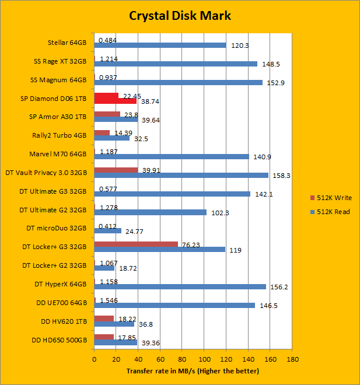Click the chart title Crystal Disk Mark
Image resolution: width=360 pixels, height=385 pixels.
[x=180, y=16]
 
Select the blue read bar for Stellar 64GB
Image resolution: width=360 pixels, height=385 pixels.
[x=160, y=45]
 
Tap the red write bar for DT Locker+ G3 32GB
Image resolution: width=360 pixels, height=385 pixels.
[x=135, y=244]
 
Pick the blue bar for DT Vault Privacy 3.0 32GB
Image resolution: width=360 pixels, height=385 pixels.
[x=181, y=175]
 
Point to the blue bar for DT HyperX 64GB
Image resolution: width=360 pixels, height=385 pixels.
[x=180, y=286]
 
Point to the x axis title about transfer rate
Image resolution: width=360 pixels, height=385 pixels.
[x=193, y=371]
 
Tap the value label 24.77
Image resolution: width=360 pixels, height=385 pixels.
[x=133, y=232]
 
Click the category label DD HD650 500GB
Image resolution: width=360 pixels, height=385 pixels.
[x=57, y=339]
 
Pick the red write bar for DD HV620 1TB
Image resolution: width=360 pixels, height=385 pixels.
[x=104, y=318]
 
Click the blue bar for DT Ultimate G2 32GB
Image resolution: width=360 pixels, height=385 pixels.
[x=150, y=212]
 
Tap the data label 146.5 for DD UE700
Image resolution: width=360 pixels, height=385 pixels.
[x=267, y=306]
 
